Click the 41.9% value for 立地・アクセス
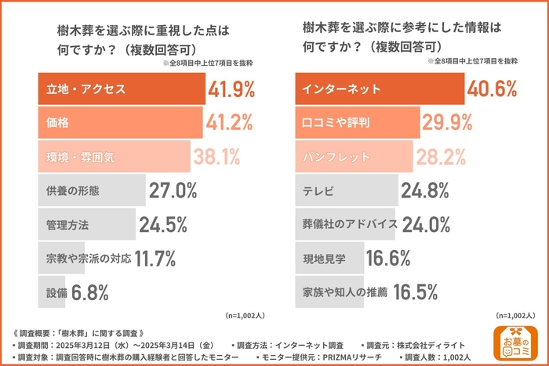click(x=231, y=89)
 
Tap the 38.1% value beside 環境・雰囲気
click(x=217, y=157)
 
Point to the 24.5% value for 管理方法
click(x=163, y=224)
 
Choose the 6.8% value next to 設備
click(x=89, y=292)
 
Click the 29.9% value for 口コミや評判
click(x=446, y=122)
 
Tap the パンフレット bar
click(x=354, y=157)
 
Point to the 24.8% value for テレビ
click(x=424, y=190)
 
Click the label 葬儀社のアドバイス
click(x=350, y=224)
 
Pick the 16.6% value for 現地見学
click(x=388, y=258)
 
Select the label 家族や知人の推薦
click(x=345, y=292)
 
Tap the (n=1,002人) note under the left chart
click(x=245, y=315)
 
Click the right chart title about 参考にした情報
click(x=401, y=36)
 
